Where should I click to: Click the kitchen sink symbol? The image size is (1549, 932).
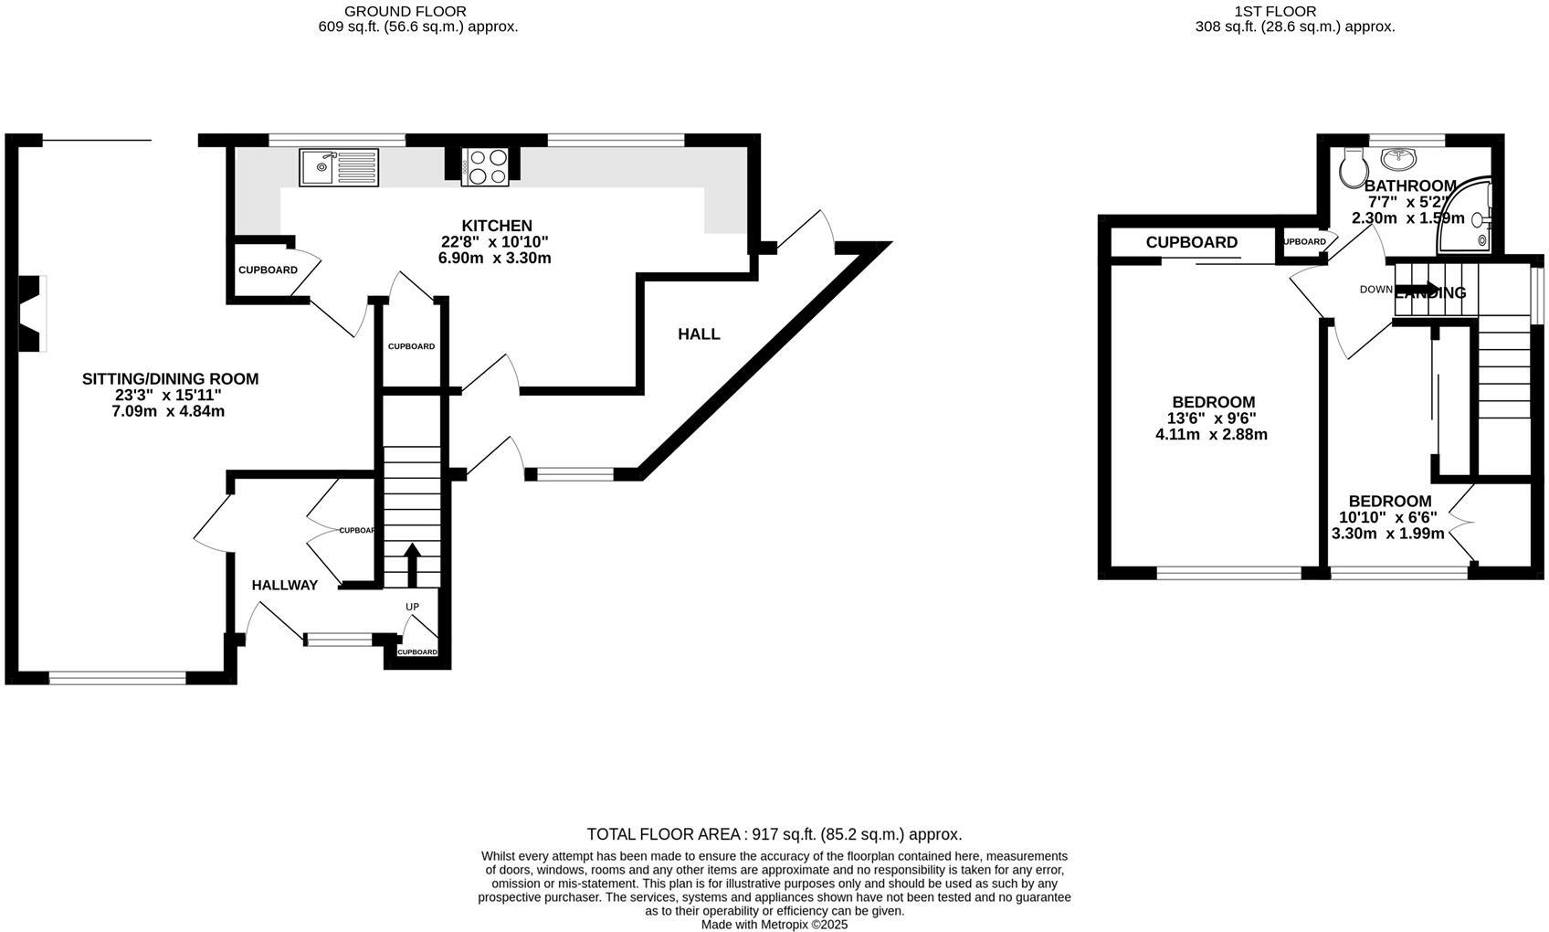coord(338,167)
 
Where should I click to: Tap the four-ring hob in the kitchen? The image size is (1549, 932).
coord(485,167)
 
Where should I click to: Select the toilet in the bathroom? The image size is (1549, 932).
coord(1351,167)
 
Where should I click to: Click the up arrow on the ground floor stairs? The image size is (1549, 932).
coord(412,564)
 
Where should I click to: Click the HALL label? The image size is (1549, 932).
coord(699,334)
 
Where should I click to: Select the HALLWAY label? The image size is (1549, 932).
coord(285,586)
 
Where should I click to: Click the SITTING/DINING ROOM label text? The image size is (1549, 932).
coord(170,379)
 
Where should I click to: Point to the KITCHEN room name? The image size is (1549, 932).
coord(496,226)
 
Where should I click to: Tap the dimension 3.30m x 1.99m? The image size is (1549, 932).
coord(1388,534)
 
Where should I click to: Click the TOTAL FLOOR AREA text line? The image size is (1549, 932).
coord(774,834)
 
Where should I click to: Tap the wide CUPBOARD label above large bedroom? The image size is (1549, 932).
coord(1191,242)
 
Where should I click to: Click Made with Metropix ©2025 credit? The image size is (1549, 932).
coord(774,924)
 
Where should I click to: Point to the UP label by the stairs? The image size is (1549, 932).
coord(413,607)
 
